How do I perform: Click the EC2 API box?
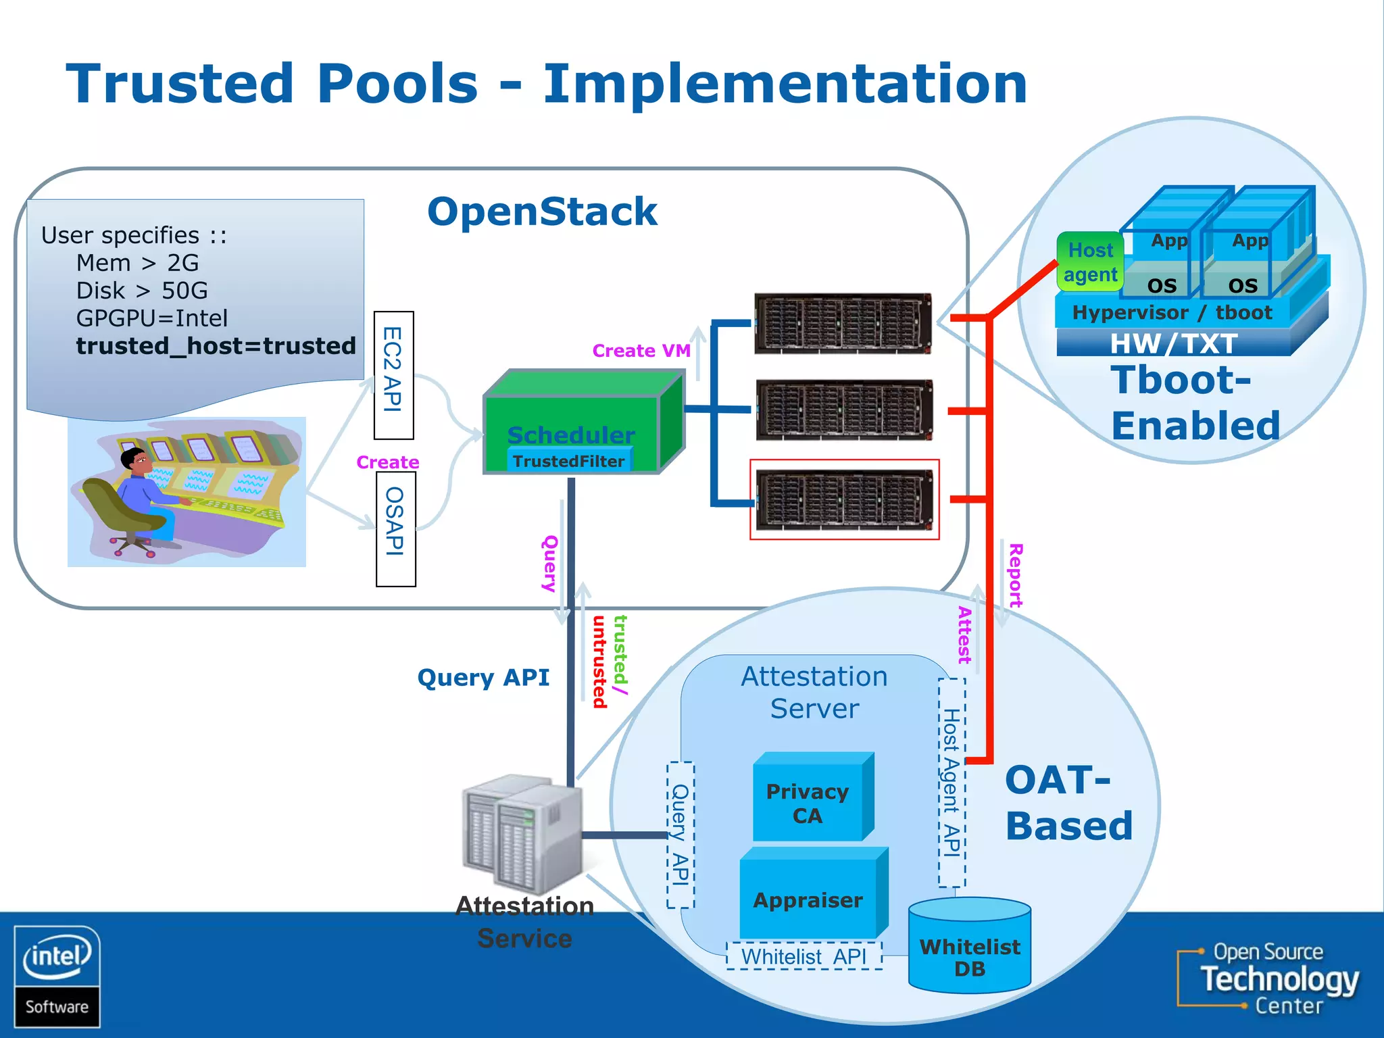pyautogui.click(x=393, y=375)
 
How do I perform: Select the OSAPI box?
pyautogui.click(x=395, y=529)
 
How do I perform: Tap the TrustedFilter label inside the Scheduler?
pyautogui.click(x=568, y=461)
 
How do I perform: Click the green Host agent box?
pyautogui.click(x=1090, y=262)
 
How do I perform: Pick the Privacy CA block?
pyautogui.click(x=808, y=803)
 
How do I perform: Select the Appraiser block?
pyautogui.click(x=808, y=900)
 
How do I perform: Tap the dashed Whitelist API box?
pyautogui.click(x=804, y=957)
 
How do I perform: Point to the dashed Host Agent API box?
pyautogui.click(x=951, y=782)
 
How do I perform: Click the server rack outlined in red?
pyautogui.click(x=844, y=500)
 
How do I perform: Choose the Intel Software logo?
pyautogui.click(x=57, y=976)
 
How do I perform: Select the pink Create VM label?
pyautogui.click(x=641, y=351)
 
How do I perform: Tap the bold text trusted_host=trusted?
pyautogui.click(x=216, y=346)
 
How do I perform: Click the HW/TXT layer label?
pyautogui.click(x=1174, y=343)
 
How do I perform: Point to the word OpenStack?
pyautogui.click(x=542, y=212)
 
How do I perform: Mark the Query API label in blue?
pyautogui.click(x=483, y=677)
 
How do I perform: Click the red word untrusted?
pyautogui.click(x=599, y=662)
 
